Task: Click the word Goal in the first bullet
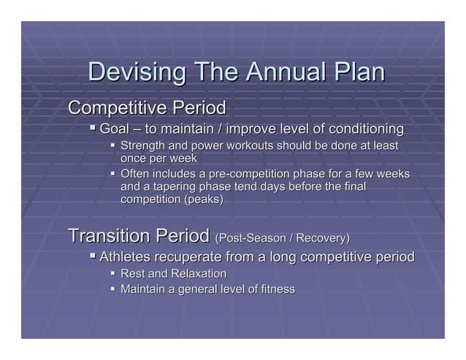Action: (114, 130)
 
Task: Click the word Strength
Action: (145, 147)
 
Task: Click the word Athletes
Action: (126, 257)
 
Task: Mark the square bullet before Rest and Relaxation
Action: (113, 274)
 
